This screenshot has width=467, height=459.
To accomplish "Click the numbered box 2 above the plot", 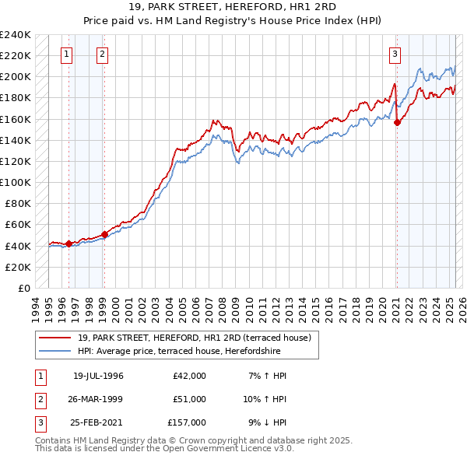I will (x=103, y=54).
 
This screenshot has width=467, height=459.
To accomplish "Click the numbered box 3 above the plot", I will (x=395, y=54).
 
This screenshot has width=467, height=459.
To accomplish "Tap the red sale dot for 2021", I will (x=398, y=121).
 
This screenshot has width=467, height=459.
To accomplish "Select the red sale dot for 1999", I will (x=104, y=233).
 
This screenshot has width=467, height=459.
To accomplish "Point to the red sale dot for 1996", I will (x=68, y=244).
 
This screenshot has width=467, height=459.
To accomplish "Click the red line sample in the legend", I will (x=55, y=338).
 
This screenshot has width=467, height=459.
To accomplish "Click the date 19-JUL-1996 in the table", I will (x=98, y=376).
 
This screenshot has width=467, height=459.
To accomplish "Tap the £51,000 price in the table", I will (x=190, y=399).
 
